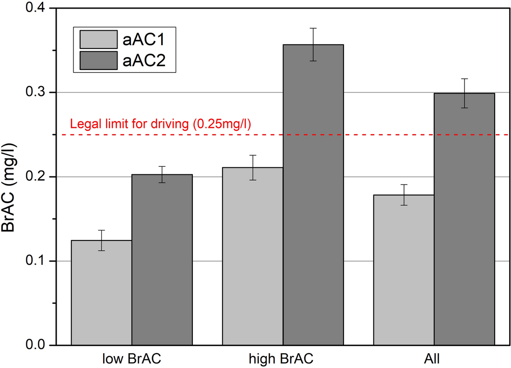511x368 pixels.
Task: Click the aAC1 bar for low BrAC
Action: click(101, 293)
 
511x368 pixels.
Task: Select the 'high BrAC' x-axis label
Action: click(283, 358)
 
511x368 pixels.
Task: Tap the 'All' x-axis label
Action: click(434, 358)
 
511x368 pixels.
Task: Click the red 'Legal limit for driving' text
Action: click(161, 124)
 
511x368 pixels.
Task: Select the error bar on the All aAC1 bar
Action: click(404, 195)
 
